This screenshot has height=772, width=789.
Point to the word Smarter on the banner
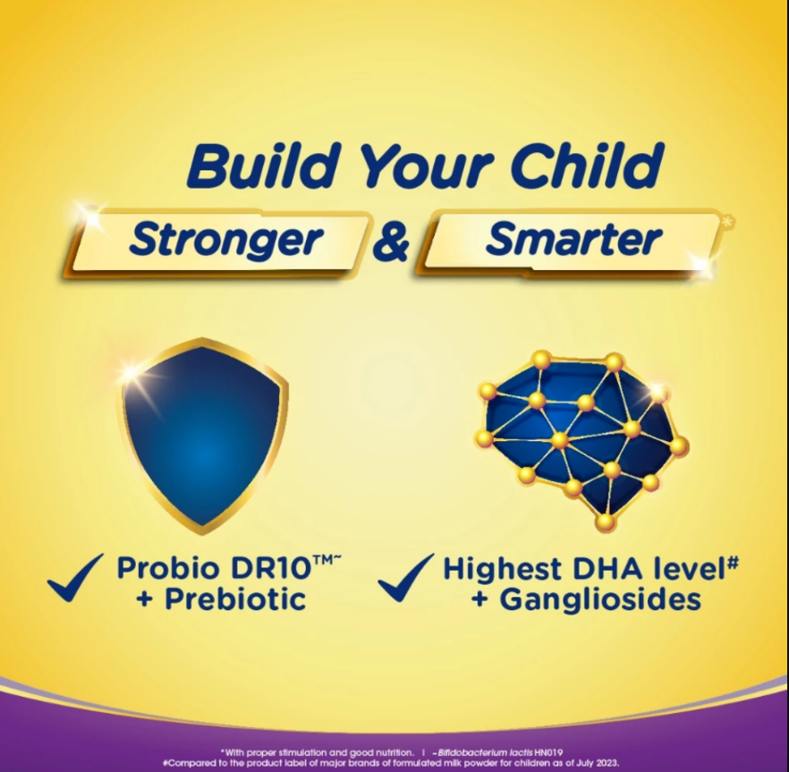click(x=573, y=239)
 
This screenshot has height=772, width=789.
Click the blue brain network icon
click(x=581, y=440)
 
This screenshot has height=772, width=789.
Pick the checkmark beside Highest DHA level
click(x=405, y=577)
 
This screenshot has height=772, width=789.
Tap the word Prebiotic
click(x=235, y=599)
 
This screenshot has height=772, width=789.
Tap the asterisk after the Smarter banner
click(x=728, y=221)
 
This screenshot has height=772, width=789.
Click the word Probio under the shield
click(x=168, y=568)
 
